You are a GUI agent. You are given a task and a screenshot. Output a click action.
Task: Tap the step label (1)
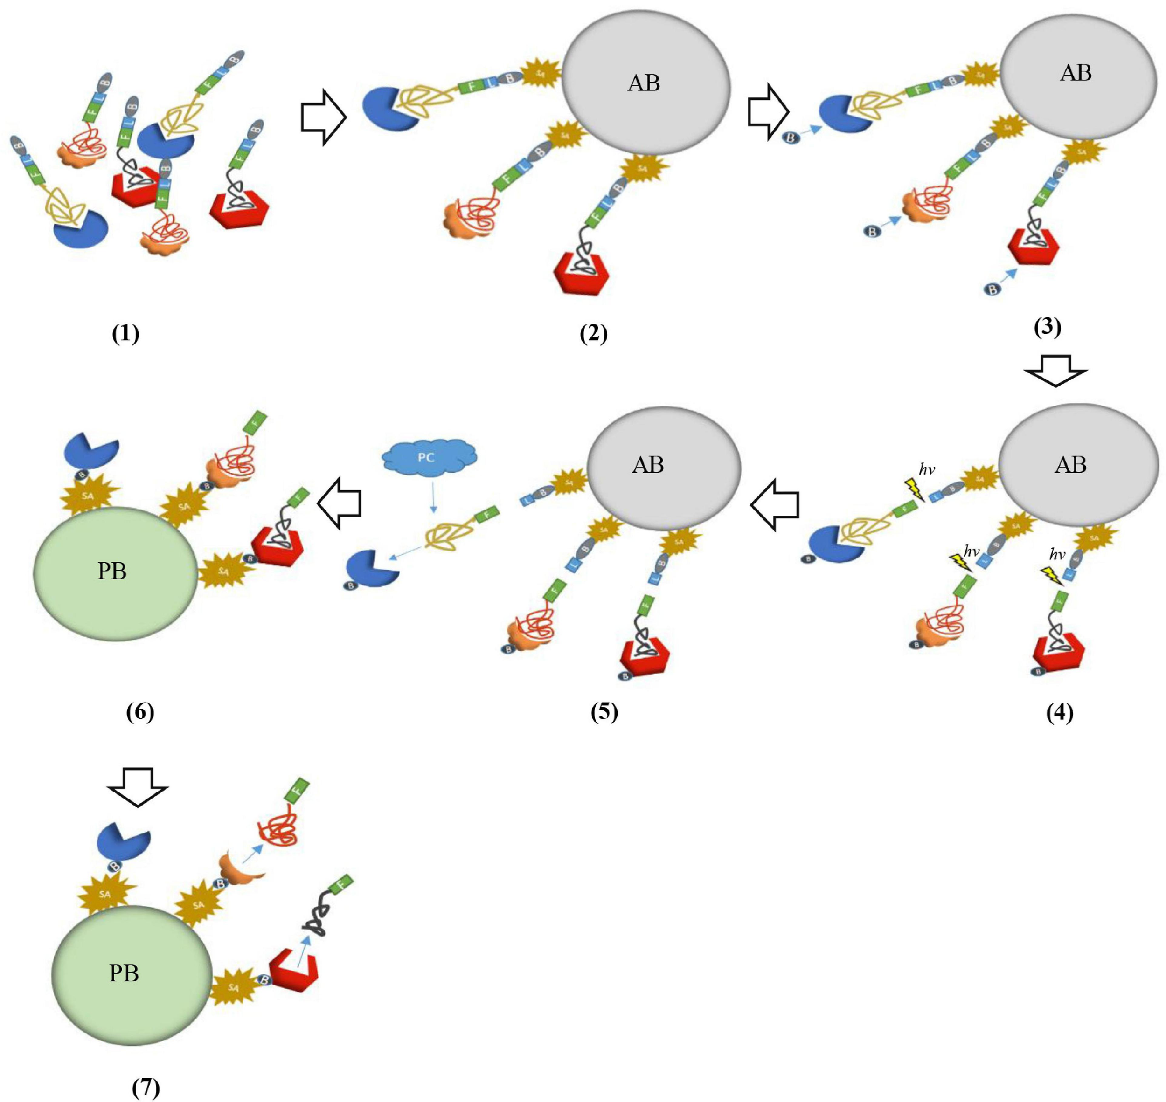[126, 334]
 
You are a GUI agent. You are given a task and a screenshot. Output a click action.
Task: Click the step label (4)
[1060, 713]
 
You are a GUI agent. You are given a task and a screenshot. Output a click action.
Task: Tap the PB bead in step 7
[131, 973]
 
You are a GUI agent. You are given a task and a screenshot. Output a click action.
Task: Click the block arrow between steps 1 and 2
[323, 117]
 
